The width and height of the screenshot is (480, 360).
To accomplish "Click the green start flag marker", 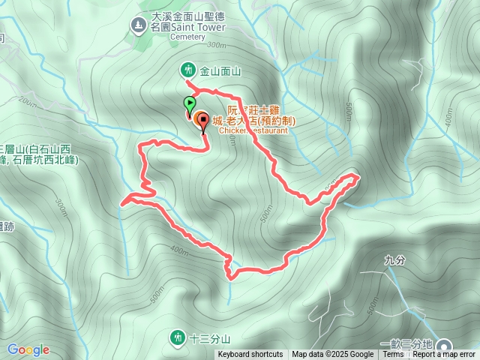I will pos(189,104).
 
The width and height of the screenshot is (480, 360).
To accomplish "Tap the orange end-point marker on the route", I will pos(202,120).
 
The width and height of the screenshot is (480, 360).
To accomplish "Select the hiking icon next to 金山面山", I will pos(187,70).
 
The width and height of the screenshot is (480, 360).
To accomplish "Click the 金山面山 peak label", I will pos(220,71).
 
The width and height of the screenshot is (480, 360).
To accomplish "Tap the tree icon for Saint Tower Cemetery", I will pos(137,26).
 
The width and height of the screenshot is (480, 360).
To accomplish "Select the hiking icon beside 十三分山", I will pos(178,337).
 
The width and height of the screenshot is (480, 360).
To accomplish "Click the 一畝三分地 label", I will pos(406,343).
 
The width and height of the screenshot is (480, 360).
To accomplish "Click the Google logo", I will pos(28,349).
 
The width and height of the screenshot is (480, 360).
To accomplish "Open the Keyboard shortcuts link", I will pos(250,355).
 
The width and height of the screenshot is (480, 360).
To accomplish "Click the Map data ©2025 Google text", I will pos(332,355).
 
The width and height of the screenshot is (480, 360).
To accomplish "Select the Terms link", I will pos(393,355).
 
